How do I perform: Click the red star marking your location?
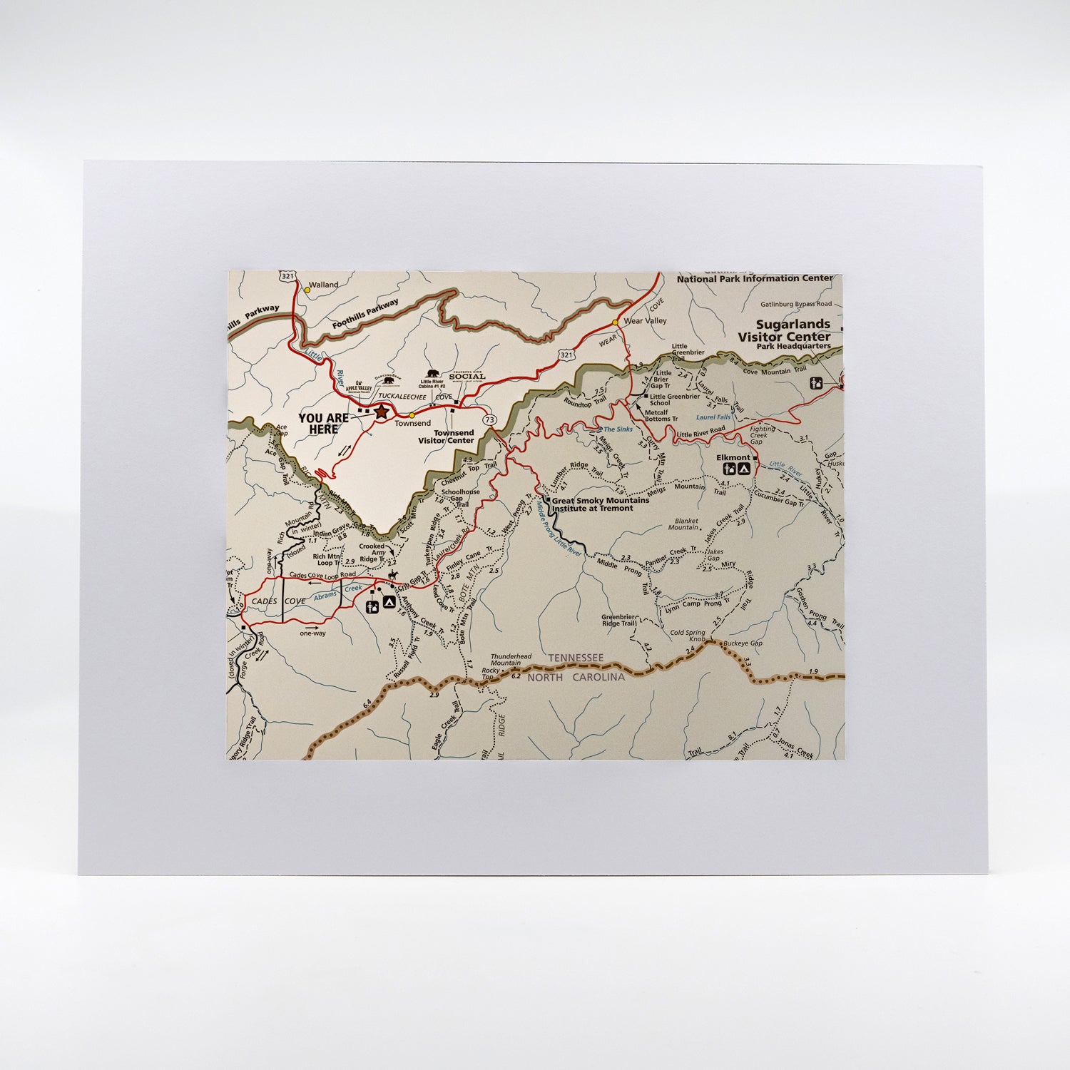pos(381,411)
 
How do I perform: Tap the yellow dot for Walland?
pos(307,290)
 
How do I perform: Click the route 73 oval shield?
pos(489,420)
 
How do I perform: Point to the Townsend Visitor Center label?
pos(445,437)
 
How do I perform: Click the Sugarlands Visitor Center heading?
pos(784,330)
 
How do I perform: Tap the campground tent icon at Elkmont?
pos(743,469)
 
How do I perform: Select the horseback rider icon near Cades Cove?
pos(392,576)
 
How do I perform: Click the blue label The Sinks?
pos(618,429)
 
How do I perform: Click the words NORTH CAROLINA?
pos(576,677)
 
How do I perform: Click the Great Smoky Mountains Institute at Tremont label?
pos(592,504)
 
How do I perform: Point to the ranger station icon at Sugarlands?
pos(818,383)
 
